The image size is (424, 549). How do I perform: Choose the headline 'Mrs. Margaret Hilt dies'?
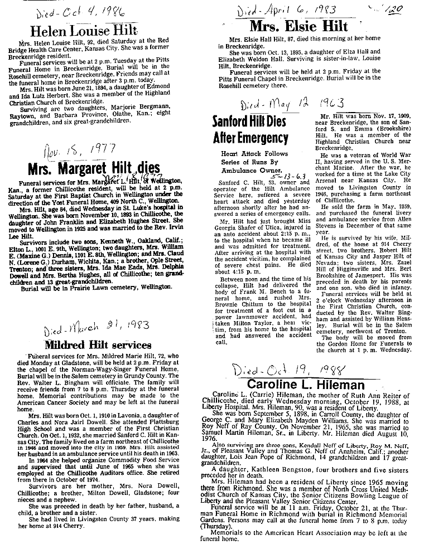(94, 167)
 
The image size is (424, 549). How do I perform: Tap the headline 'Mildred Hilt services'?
(98, 344)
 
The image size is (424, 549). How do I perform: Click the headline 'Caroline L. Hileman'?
(306, 385)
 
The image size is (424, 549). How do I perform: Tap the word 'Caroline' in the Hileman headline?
(269, 385)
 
